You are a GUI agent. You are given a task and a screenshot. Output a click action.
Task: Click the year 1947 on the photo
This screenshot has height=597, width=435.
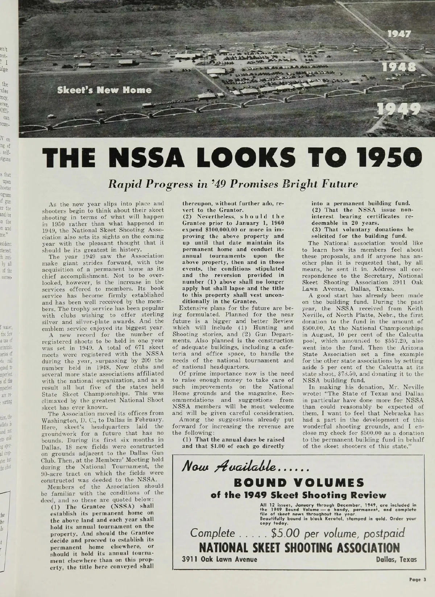[399, 34]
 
